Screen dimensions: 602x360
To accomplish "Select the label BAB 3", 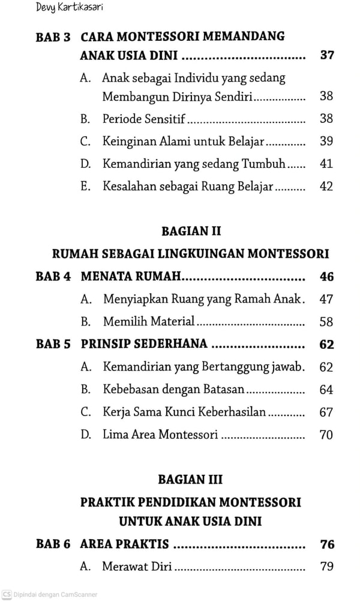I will pos(53,37).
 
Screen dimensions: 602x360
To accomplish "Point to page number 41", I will pos(326,164).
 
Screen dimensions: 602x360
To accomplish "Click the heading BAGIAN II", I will pos(191,230).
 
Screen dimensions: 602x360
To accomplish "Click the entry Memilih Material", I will pos(149,321).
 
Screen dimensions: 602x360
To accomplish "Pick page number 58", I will pos(326,322).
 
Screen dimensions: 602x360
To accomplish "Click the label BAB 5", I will pos(53,344).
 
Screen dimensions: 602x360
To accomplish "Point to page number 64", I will pos(326,390).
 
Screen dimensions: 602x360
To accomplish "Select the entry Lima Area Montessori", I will pos(160,434).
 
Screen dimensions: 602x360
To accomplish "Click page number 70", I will pos(326,435).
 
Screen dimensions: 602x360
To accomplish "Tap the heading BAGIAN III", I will pos(191,479).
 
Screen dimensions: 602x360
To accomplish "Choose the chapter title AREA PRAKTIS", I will pos(124,544).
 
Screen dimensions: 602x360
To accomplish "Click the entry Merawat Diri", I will pos(137,566).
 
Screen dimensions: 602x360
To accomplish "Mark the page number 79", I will pos(326,566).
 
